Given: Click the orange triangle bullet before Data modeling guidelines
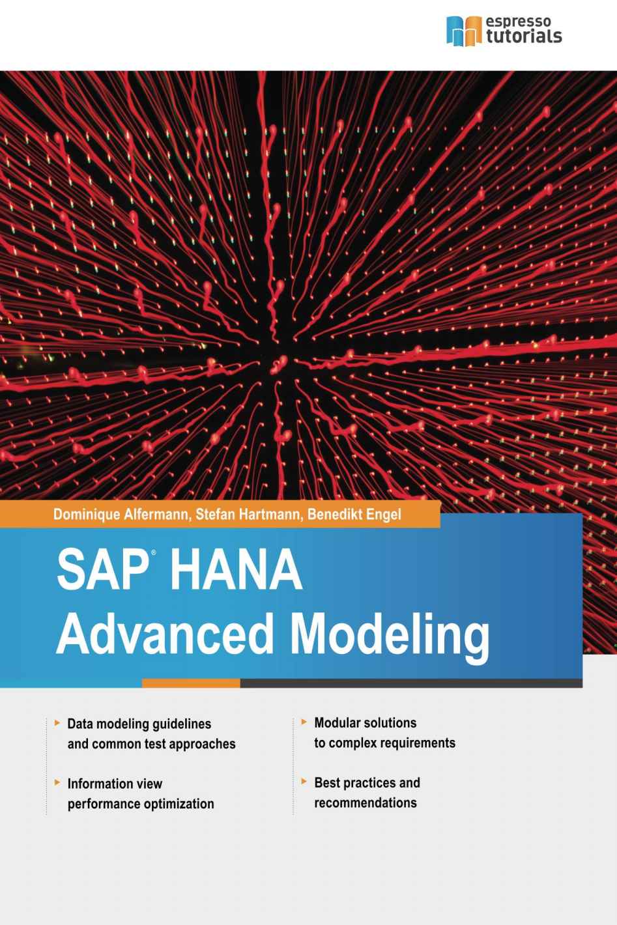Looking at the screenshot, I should (58, 722).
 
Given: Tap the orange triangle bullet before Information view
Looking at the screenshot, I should (58, 782).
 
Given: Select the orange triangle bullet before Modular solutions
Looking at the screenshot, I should (304, 722).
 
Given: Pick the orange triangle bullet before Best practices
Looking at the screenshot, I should (304, 782).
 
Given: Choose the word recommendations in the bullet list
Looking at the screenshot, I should (366, 803).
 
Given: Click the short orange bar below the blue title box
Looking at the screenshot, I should (190, 683).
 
